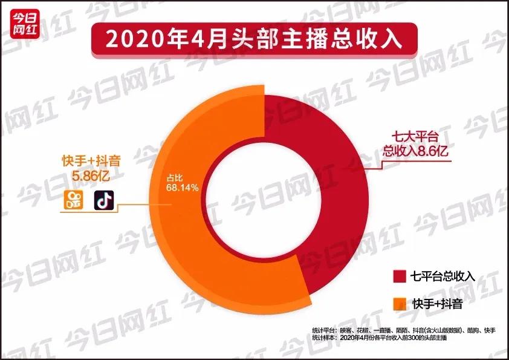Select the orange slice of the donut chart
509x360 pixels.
tap(193, 230)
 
